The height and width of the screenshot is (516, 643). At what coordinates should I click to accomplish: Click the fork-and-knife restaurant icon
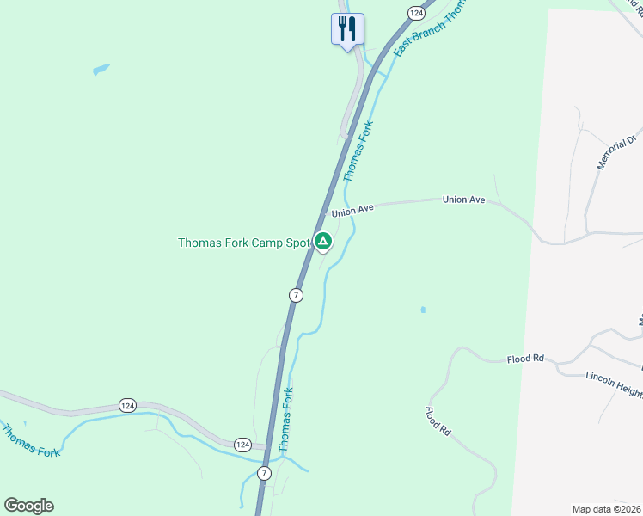coord(347,29)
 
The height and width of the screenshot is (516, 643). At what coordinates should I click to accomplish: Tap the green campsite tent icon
coord(322,242)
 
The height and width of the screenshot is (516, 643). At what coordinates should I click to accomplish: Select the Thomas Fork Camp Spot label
coord(243,243)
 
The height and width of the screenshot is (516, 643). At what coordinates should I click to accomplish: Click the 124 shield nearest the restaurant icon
coord(416,13)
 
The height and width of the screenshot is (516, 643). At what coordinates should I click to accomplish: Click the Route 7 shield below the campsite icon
coord(296,295)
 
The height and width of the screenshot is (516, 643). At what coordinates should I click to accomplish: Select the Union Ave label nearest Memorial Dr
coord(464,200)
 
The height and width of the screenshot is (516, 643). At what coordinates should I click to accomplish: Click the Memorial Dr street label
coord(617,150)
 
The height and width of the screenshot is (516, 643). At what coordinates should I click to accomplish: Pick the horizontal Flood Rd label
coord(525,358)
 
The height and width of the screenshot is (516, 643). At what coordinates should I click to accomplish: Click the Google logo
coord(28,506)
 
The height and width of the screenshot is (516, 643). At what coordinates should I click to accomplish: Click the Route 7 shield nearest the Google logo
coord(264,474)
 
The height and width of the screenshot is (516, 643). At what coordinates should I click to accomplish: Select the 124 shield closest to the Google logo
coord(242,445)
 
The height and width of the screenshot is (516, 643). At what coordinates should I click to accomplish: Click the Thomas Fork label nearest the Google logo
coord(31,440)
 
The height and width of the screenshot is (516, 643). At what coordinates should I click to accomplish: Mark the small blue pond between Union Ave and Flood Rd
coord(423,310)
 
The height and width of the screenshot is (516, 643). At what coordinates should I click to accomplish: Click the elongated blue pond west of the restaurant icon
coord(101,68)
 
